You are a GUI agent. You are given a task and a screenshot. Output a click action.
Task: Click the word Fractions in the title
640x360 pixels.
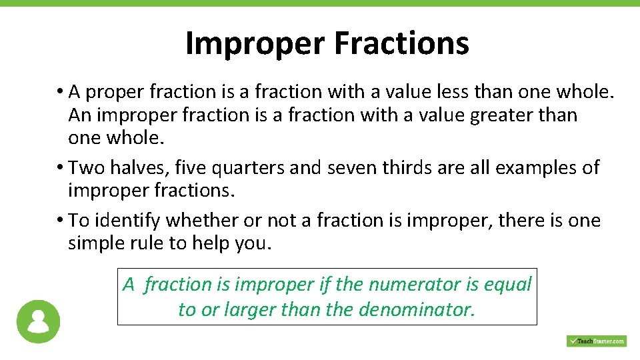click(401, 43)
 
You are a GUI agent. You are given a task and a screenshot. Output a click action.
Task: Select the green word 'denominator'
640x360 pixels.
click(417, 310)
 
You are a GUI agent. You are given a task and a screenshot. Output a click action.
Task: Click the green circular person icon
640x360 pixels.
click(38, 322)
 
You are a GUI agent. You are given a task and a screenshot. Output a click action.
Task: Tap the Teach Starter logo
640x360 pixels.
click(596, 341)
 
